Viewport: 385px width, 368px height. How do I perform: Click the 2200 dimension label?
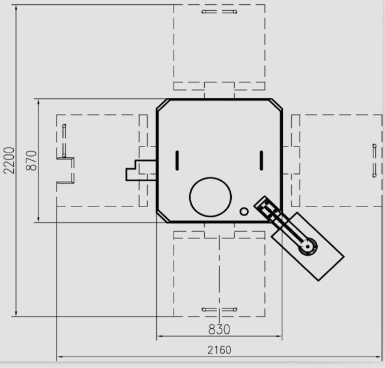tap(9, 160)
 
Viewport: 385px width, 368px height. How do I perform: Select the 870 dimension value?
tap(31, 160)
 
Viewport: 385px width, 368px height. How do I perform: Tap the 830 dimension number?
tap(219, 329)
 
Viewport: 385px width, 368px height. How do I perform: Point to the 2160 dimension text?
tap(219, 350)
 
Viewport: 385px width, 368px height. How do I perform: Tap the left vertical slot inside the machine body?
tap(177, 160)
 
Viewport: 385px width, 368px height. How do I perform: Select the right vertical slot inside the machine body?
tap(261, 160)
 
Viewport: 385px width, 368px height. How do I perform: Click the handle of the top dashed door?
tap(219, 11)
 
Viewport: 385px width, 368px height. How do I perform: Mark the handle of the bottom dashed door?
tap(219, 309)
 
